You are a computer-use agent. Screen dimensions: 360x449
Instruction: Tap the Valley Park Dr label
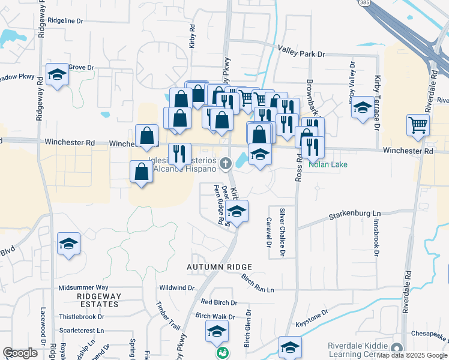pos(301,54)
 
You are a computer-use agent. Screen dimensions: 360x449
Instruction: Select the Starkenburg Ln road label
pos(355,214)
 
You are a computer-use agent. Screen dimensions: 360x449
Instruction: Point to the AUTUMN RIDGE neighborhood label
pos(218,266)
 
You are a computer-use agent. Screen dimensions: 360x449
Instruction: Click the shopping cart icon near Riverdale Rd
pos(418,125)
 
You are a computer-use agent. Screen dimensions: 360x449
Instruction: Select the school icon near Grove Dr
pos(57,74)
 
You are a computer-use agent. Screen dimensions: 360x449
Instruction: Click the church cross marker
pos(226,163)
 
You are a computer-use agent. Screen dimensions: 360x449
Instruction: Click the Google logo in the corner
pos(20,353)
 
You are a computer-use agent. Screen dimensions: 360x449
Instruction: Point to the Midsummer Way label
pos(83,288)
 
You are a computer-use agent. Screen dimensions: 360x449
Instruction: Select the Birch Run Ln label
pos(257,283)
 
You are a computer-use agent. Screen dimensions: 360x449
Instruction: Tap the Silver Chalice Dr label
pos(281,233)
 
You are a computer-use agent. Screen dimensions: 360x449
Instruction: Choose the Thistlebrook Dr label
pos(82,316)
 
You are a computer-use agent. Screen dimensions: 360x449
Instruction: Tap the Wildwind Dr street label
pos(176,288)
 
